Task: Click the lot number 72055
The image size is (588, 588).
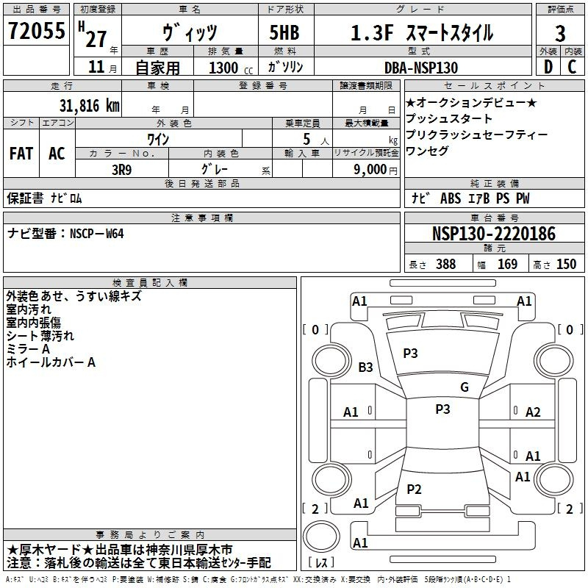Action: coord(37,31)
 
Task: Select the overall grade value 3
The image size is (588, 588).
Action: coord(560,33)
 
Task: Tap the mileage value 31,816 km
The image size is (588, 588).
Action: coord(90,105)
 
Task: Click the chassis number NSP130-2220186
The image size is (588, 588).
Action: coord(494,234)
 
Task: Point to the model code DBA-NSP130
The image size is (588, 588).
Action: coord(421,68)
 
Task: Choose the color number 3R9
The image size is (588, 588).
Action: coord(122,170)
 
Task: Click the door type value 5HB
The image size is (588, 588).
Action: coord(284,32)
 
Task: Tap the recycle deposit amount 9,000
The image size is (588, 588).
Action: coord(370,170)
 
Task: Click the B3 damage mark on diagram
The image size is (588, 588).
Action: coord(365,367)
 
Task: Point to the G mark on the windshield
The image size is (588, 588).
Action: coord(465,387)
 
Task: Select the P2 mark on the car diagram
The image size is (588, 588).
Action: coord(414,489)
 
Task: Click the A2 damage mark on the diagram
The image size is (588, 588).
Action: coord(533,412)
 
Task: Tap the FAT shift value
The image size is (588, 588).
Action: coord(21,154)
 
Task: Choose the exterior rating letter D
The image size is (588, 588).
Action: coord(548,67)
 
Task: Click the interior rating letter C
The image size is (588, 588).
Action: coord(572,67)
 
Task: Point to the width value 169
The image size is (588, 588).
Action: coord(507,264)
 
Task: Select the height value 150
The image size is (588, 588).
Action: coord(566,264)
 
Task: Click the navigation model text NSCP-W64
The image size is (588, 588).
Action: coord(97,234)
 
